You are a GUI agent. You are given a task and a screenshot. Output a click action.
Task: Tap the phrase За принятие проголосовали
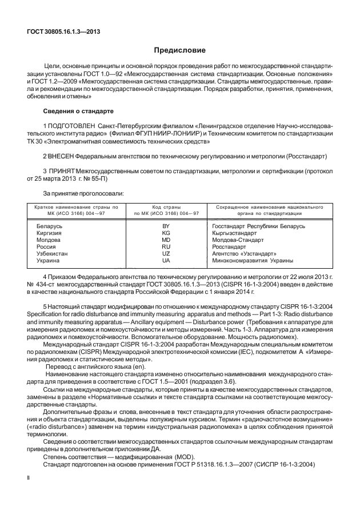(80, 194)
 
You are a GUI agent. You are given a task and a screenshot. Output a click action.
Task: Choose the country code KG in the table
(166, 233)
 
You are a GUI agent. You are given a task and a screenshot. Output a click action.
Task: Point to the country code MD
(166, 240)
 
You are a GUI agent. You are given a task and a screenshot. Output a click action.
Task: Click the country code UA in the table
(166, 261)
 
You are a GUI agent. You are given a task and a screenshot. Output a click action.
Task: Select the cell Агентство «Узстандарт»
(244, 254)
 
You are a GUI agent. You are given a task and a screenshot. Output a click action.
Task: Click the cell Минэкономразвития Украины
(253, 261)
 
